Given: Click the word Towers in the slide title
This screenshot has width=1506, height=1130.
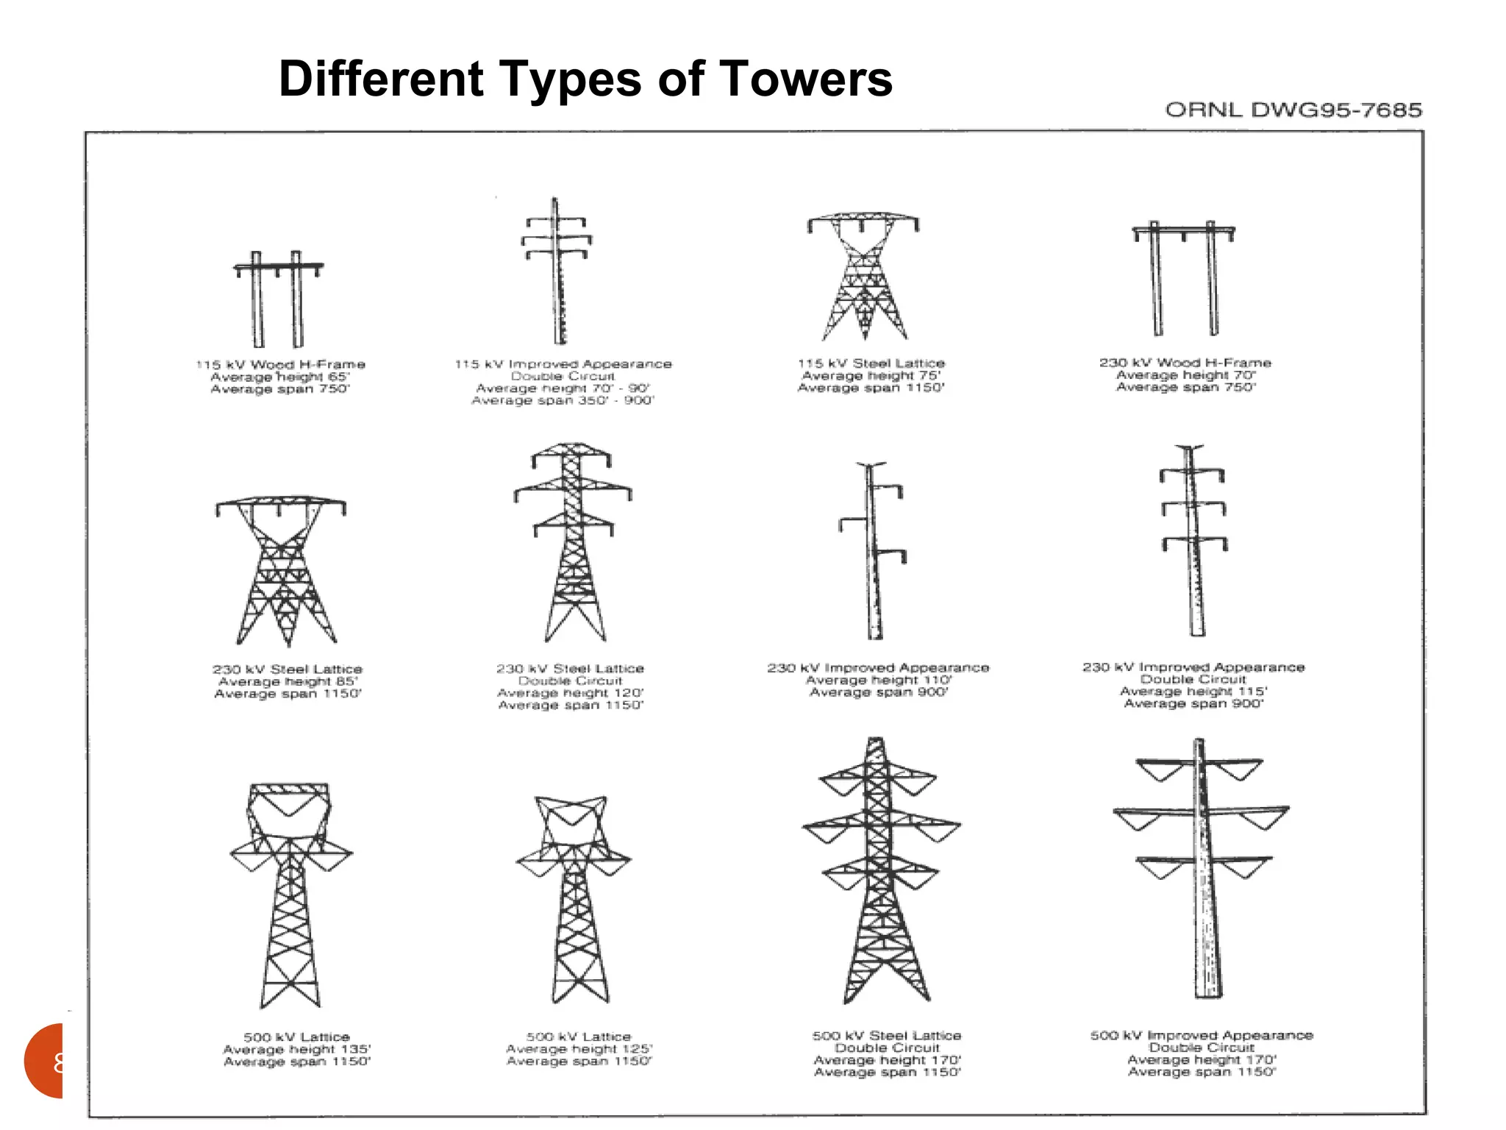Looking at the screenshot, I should pos(805,79).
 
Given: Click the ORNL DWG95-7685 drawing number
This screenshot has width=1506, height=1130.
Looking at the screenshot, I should pos(1293,110).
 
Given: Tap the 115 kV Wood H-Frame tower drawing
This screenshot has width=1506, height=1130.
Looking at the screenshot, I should pos(277,299).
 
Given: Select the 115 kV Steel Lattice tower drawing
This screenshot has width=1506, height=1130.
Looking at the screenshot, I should pos(864,276).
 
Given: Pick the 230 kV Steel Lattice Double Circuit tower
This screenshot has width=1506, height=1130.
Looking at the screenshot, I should pos(573,541).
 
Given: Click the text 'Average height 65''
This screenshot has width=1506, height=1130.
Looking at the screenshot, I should pos(280,377).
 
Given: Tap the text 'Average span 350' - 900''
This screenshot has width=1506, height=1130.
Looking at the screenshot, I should pos(563,401).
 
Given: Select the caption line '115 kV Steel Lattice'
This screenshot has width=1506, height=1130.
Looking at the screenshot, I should pos(871,363).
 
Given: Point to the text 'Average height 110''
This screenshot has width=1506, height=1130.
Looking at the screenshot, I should pos(879,681).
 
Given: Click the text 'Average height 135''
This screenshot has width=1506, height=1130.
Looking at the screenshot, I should pos(297,1050).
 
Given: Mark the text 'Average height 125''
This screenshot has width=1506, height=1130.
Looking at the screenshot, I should pos(579,1049).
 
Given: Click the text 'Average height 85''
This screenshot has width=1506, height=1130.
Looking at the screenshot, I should pos(288,682).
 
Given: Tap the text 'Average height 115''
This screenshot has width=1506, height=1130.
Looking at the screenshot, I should pos(1193,692).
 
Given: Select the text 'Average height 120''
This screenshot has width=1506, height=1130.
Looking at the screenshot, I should pos(570,693).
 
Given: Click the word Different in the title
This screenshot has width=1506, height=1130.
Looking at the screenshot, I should pos(381,79).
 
